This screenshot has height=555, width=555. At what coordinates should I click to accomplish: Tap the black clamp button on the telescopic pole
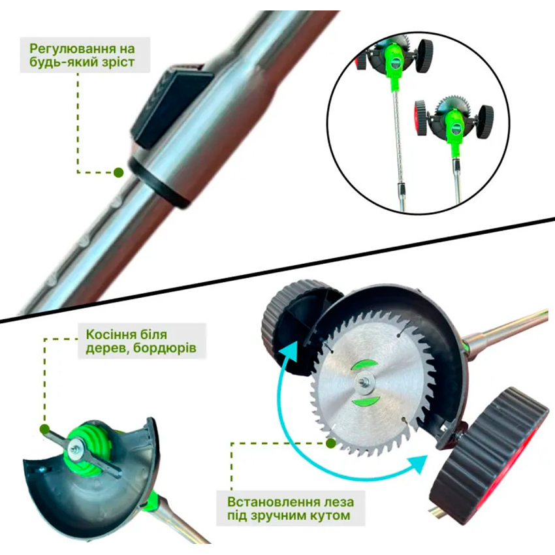[171, 107]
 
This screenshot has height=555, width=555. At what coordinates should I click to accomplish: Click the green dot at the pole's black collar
[119, 173]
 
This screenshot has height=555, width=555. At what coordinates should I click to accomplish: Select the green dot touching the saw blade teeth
[331, 443]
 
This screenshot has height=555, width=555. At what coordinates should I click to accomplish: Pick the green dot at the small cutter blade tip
[44, 430]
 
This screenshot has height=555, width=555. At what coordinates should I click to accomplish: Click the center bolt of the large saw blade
[364, 383]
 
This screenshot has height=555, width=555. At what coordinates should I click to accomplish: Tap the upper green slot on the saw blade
[364, 365]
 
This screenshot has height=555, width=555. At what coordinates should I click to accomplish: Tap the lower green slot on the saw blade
[366, 401]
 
